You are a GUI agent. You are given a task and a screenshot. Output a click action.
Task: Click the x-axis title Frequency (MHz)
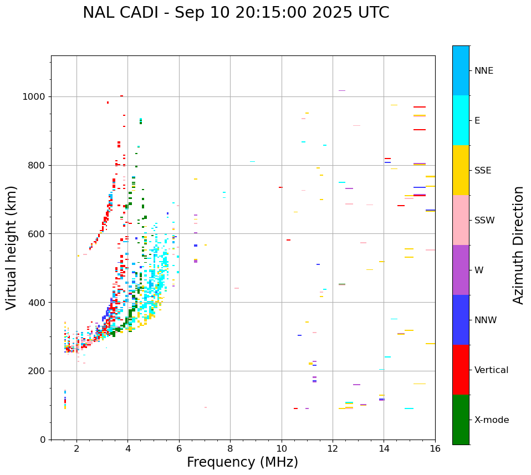242,462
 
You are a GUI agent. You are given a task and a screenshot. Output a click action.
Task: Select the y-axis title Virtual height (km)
12,247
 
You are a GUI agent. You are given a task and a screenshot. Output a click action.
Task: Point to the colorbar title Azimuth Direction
518,244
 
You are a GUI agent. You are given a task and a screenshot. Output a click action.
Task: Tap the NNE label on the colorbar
483,71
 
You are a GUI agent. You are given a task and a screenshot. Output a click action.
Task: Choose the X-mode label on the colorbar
491,420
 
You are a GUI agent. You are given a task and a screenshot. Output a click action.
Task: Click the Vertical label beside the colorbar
491,370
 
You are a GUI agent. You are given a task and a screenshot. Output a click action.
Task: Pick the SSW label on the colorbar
484,221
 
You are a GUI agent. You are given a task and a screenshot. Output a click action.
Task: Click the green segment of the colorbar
461,420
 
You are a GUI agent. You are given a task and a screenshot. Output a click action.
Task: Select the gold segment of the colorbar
461,170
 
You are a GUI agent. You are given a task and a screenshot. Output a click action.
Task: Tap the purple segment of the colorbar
461,270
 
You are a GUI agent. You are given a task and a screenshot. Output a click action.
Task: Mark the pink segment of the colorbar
461,220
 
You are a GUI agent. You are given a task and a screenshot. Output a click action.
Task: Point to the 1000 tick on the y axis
35,97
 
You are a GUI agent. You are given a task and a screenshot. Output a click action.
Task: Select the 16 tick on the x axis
435,448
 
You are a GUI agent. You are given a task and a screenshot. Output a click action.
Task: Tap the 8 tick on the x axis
230,448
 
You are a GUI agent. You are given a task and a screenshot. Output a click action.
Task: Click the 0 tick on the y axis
43,440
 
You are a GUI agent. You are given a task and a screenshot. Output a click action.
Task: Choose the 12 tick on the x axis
333,448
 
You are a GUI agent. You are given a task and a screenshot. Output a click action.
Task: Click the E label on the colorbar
477,121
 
